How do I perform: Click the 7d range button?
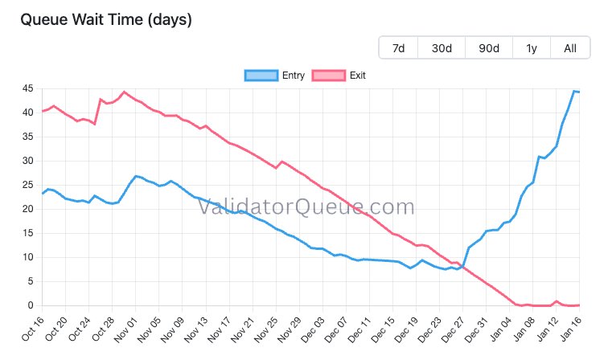pyautogui.click(x=398, y=48)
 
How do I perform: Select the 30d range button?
pyautogui.click(x=442, y=48)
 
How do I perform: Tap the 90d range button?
pyautogui.click(x=488, y=48)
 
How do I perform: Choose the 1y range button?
pyautogui.click(x=532, y=48)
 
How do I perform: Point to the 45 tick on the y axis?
pyautogui.click(x=27, y=88)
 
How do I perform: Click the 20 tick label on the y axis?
pyautogui.click(x=27, y=209)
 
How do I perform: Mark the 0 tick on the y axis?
pyautogui.click(x=30, y=305)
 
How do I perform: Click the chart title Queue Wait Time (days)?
pyautogui.click(x=105, y=19)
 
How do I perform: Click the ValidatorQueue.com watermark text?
pyautogui.click(x=306, y=207)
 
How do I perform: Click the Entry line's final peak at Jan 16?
pyautogui.click(x=575, y=91)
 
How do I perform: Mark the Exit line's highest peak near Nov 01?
pyautogui.click(x=124, y=92)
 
